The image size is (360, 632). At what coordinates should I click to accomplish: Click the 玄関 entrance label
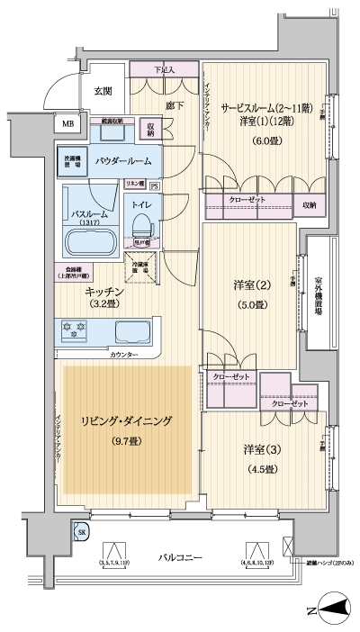(102, 92)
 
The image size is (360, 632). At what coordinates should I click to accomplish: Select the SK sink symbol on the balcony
(83, 534)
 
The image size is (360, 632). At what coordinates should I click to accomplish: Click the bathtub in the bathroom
(87, 241)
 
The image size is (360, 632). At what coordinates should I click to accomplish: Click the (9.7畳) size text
(125, 441)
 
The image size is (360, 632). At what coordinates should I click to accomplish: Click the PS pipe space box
(154, 186)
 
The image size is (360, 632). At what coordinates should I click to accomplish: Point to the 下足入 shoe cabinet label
(163, 68)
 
